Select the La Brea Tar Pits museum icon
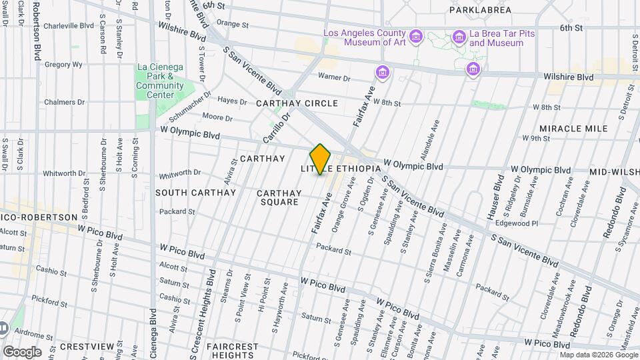point(459,36)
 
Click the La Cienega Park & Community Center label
point(160,81)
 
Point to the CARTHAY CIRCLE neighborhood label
point(297,103)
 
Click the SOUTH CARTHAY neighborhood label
point(195,193)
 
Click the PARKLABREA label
point(480,10)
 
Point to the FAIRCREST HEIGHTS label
point(232,351)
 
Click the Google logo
point(22,351)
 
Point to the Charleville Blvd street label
point(69,26)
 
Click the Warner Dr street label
point(334,77)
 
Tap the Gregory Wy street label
point(63,65)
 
